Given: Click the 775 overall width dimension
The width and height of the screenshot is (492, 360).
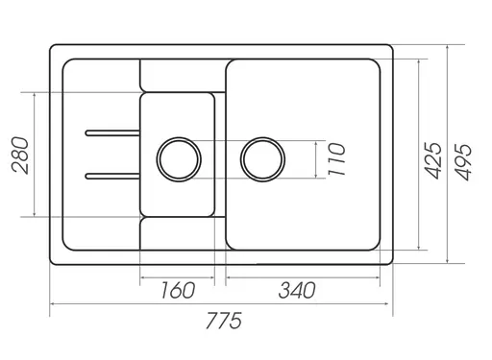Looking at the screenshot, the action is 224,321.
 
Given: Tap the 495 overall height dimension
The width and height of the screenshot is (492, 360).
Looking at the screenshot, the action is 463,162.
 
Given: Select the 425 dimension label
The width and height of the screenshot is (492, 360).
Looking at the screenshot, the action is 433,160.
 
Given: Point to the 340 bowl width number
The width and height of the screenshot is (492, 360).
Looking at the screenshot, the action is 297,290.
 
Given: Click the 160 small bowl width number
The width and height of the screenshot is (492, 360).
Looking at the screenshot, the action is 178,290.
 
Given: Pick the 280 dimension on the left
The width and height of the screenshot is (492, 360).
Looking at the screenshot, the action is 20,156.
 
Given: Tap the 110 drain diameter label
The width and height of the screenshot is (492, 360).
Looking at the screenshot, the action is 336,159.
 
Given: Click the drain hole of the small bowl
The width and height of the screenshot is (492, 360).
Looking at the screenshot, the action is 179,159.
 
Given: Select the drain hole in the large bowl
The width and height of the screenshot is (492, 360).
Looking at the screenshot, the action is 262,159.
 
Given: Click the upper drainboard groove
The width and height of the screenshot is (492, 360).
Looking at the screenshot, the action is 112,132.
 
